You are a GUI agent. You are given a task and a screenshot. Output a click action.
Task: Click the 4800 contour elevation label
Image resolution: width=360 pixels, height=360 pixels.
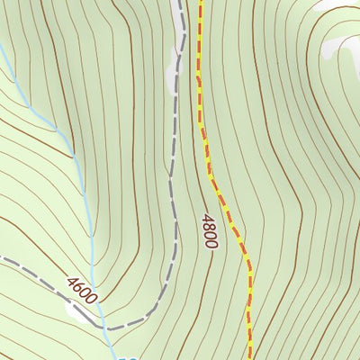210,230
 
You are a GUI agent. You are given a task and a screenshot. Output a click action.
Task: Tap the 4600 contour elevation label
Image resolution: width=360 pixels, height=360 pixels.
81,289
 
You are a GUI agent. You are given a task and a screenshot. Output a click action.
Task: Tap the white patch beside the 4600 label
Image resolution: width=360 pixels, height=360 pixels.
76,311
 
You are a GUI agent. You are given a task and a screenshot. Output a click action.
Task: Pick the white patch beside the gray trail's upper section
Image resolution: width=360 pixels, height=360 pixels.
175,72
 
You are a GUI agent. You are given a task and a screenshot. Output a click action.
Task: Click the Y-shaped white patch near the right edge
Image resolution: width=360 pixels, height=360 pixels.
338,45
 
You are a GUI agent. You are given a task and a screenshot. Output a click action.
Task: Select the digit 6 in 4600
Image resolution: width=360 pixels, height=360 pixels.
77,285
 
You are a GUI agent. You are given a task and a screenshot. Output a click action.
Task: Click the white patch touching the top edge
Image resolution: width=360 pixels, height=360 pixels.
328,4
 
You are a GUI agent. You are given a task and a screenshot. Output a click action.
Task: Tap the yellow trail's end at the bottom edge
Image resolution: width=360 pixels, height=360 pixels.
249,357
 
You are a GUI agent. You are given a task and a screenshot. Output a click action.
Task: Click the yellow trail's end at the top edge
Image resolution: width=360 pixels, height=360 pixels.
201,2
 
